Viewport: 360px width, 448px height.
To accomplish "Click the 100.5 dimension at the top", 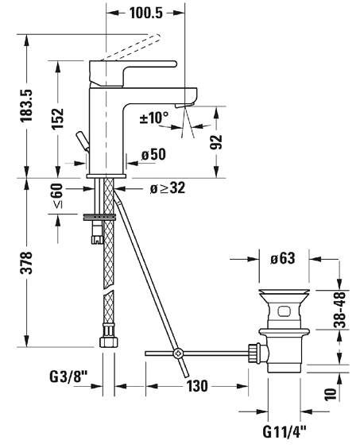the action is pos(146,13).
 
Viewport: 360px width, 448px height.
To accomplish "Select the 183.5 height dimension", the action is pos(26,106).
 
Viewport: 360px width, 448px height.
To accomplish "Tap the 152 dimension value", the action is pos(57,118).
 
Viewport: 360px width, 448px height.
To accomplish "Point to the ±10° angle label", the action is pos(154,118).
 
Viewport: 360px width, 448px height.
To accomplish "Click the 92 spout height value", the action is pos(216,142).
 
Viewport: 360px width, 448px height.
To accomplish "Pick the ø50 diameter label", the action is pos(153,155).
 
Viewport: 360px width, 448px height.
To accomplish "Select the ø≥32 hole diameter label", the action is pos(168,187).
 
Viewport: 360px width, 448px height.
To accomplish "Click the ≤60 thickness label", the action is pos(57,196).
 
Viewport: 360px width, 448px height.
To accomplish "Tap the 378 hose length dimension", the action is pos(26,263).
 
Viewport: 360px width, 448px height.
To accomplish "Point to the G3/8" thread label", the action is pos(68,377).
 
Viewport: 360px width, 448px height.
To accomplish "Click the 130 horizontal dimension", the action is pos(197,386).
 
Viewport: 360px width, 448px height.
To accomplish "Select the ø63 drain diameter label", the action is pos(282,258).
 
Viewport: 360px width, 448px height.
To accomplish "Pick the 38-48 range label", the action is pos(340,309).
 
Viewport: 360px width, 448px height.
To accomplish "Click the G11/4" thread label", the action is pos(285,431).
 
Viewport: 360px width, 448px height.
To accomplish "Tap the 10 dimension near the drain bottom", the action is pos(331,394).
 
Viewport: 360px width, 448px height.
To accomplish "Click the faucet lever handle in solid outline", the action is pos(133,73).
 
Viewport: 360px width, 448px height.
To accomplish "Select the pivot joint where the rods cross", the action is pos(178,353).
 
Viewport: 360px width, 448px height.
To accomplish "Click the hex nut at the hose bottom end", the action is pos(108,342).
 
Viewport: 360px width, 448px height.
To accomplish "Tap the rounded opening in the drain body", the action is pos(285,311).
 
